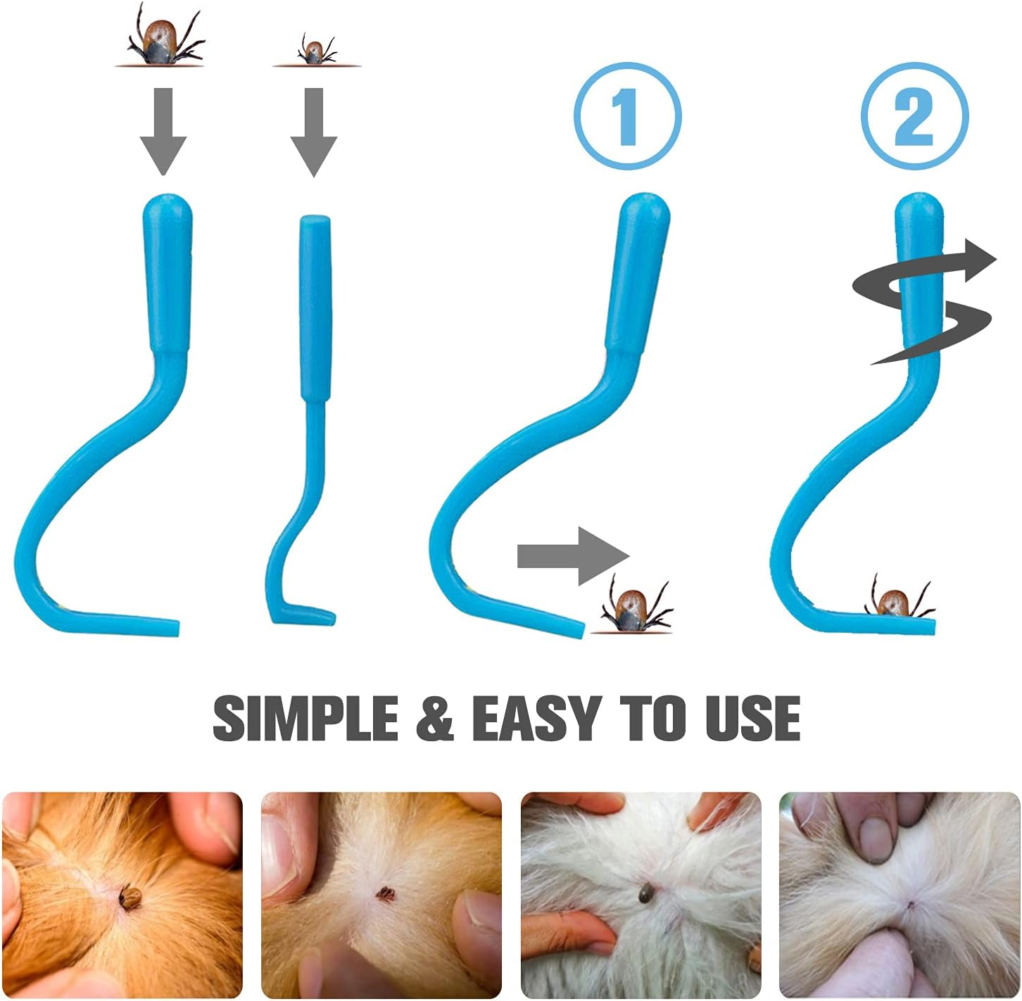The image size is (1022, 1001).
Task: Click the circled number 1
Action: click(x=627, y=115)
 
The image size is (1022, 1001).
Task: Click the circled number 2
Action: click(x=914, y=115)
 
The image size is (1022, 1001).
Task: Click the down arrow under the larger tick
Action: click(x=163, y=132)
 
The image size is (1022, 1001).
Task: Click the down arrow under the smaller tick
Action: click(x=314, y=132)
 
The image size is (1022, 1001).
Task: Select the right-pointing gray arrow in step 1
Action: click(x=574, y=557)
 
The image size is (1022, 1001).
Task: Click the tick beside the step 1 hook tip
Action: click(x=636, y=604)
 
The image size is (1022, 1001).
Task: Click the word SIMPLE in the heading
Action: click(x=305, y=718)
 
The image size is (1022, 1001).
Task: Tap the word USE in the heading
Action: click(x=752, y=718)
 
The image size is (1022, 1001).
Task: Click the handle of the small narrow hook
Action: click(x=315, y=308)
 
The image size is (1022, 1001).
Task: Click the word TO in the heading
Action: click(x=653, y=718)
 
